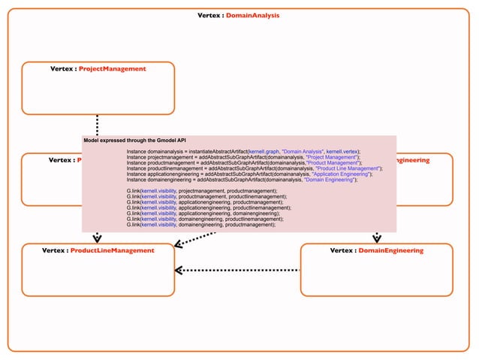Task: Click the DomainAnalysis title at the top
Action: point(238,15)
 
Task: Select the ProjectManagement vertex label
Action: point(98,68)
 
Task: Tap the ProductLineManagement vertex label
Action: point(98,250)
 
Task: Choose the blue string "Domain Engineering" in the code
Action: point(330,180)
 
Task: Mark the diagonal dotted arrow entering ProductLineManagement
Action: point(192,239)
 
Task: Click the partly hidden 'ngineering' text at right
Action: point(412,160)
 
